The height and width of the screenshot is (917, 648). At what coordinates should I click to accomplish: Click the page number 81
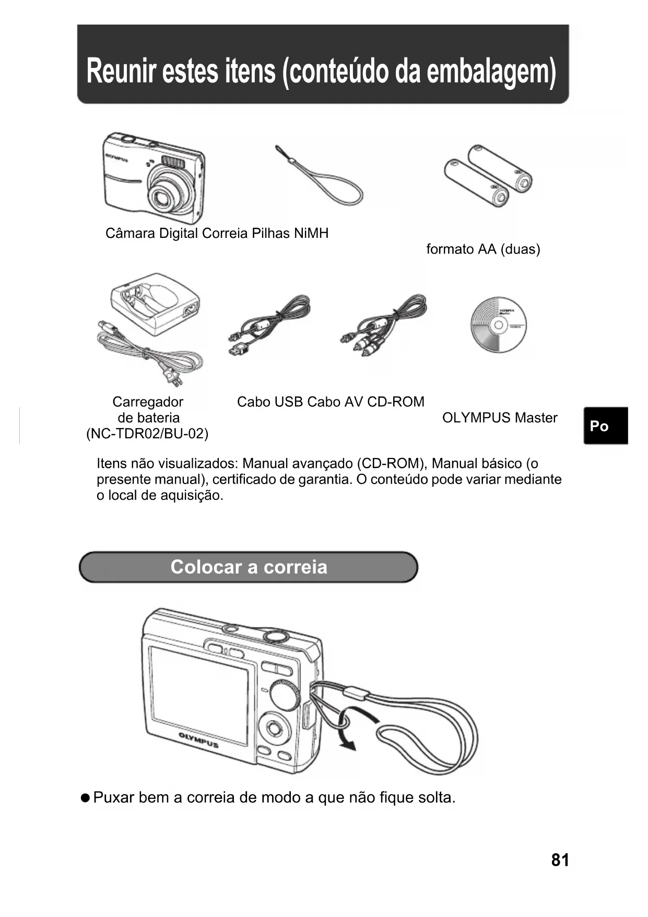click(x=560, y=860)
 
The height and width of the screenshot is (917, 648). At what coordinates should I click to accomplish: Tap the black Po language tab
click(x=605, y=426)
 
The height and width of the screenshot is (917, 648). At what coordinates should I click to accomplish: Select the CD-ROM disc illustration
click(x=498, y=325)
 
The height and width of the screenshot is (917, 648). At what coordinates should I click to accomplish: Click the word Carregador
click(x=148, y=402)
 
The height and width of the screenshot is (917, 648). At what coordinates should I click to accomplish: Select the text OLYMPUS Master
click(x=500, y=418)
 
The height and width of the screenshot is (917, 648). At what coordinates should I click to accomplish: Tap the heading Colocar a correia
click(x=249, y=567)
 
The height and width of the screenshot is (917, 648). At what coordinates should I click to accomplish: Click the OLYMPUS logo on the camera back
click(x=198, y=740)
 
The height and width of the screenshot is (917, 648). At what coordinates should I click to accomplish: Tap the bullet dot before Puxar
click(x=85, y=798)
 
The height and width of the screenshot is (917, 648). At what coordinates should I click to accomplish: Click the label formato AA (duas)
click(x=483, y=249)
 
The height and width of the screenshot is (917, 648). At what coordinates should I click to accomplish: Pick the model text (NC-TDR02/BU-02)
click(x=147, y=434)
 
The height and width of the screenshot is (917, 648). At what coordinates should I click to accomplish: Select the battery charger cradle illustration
click(x=155, y=303)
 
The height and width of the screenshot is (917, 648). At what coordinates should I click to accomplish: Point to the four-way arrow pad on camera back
click(x=274, y=728)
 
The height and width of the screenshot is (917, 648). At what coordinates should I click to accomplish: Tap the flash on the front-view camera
click(x=173, y=162)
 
